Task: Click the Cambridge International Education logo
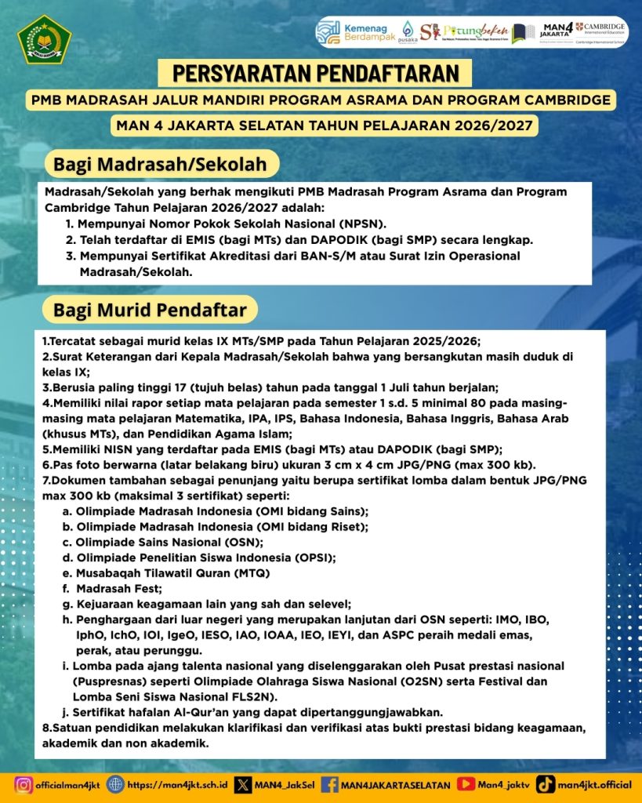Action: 600,31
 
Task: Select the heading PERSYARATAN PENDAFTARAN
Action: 315,74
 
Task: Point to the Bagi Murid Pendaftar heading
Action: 150,310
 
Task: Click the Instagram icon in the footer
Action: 24,783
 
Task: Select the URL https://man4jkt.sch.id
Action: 177,784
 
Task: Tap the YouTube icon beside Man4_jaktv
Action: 466,783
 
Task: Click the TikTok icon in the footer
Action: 547,783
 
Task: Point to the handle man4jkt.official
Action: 596,784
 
